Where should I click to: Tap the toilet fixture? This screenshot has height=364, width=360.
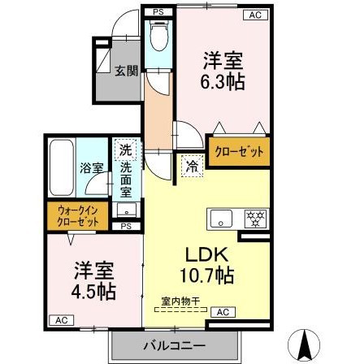tap(158, 36)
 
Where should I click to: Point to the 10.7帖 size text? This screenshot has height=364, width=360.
tap(208, 276)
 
